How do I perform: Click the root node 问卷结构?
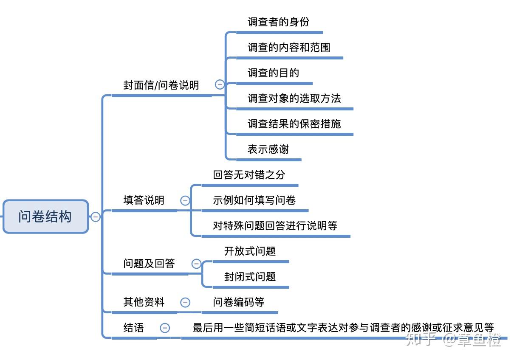point(45,217)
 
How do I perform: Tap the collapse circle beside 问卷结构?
point(96,217)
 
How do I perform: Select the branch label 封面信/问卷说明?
point(161,85)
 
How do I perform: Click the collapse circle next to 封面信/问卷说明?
point(220,84)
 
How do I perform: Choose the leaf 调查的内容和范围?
point(289,48)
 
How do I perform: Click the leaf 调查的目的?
point(273,73)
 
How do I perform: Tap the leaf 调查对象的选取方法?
point(294,98)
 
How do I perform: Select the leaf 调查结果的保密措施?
point(294,124)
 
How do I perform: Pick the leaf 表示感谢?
point(268,149)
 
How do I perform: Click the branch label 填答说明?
point(144,200)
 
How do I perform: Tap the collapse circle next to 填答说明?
point(185,200)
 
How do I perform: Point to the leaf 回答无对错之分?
point(249,175)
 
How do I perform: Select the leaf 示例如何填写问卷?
point(254,200)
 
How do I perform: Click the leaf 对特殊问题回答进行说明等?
point(275,226)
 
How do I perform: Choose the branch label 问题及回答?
point(149,264)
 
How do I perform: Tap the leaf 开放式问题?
point(250,251)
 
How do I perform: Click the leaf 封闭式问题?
point(250,277)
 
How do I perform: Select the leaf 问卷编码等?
point(238,302)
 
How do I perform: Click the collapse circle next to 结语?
point(165,328)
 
